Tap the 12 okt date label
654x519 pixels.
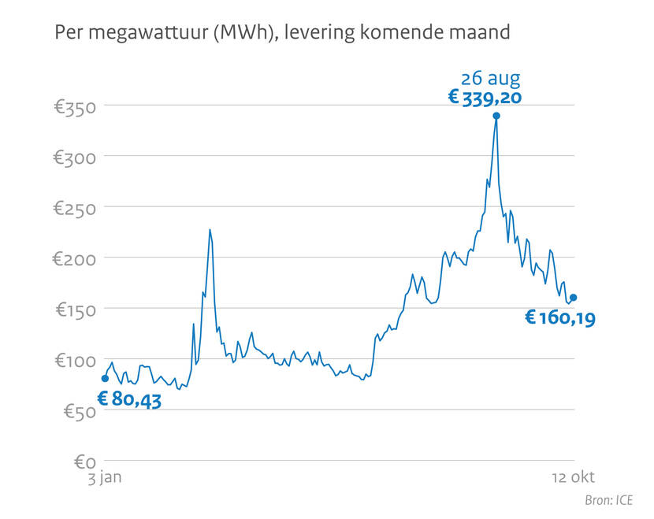(572, 477)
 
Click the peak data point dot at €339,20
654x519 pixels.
(496, 116)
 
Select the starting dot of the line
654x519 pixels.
(105, 379)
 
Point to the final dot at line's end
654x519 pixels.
(574, 298)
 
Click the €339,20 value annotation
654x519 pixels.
(485, 97)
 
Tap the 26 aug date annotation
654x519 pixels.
(491, 78)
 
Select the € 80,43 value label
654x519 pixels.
(129, 399)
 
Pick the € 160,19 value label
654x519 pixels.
(560, 318)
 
